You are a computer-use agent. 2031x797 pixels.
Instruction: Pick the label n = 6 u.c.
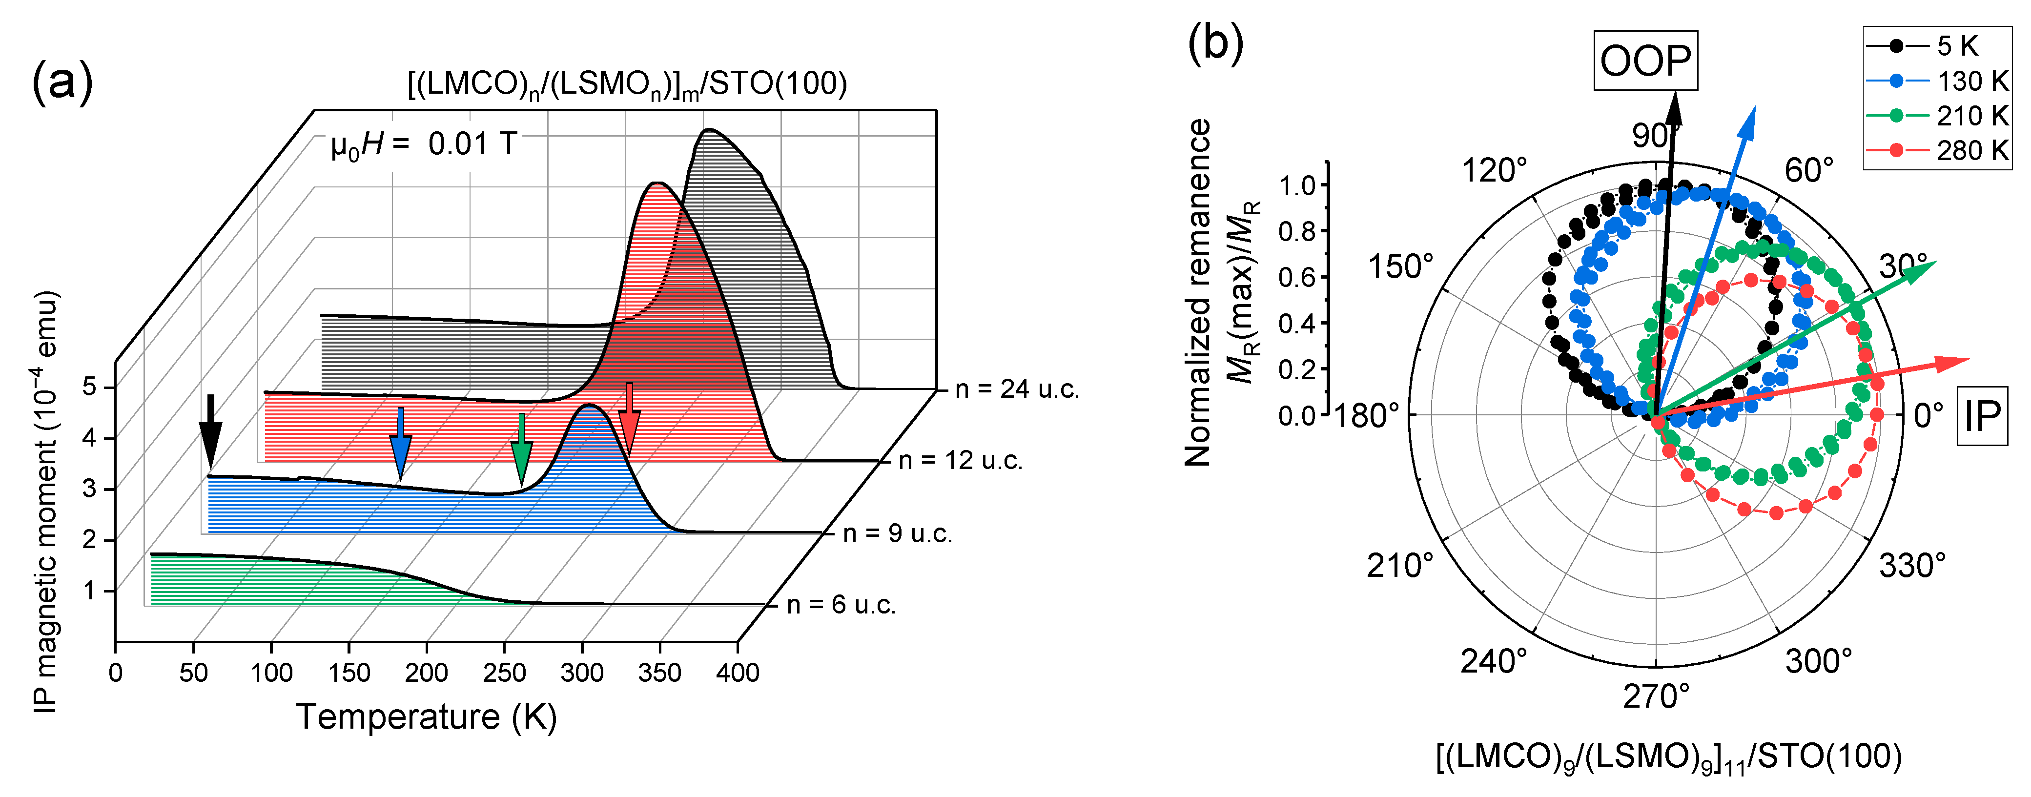coord(841,605)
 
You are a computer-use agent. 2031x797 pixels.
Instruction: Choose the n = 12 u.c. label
coord(960,460)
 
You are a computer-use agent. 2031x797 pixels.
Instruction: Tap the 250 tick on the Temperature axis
coord(504,673)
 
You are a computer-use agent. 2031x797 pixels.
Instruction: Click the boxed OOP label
coord(1645,61)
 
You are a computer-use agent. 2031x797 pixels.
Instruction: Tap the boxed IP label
coord(1982,415)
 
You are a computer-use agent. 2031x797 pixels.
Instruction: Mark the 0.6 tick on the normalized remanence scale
coord(1297,277)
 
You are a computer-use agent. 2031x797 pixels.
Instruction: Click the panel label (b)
coord(1215,42)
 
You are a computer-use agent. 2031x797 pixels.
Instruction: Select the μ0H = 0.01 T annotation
coord(423,145)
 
